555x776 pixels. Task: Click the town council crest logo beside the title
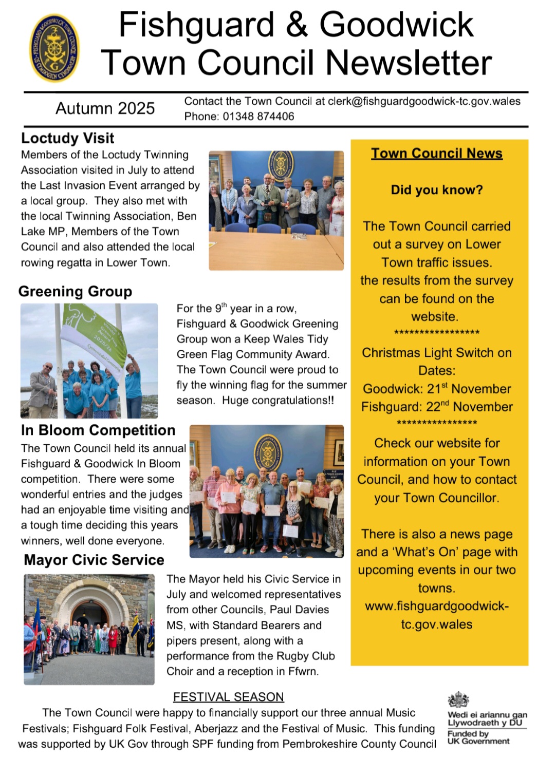54,48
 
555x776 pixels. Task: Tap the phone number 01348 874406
258,117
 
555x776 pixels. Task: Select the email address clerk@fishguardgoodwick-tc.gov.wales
424,101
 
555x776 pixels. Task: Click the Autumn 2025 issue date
105,108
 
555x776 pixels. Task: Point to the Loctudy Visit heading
67,138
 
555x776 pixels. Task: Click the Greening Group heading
75,291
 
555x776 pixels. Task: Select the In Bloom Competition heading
98,430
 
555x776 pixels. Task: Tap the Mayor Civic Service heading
94,560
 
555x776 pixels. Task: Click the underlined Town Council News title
437,154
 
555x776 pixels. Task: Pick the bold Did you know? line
437,190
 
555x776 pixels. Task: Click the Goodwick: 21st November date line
437,389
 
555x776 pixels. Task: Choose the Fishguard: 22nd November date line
437,407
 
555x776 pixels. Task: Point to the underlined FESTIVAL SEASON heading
228,697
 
